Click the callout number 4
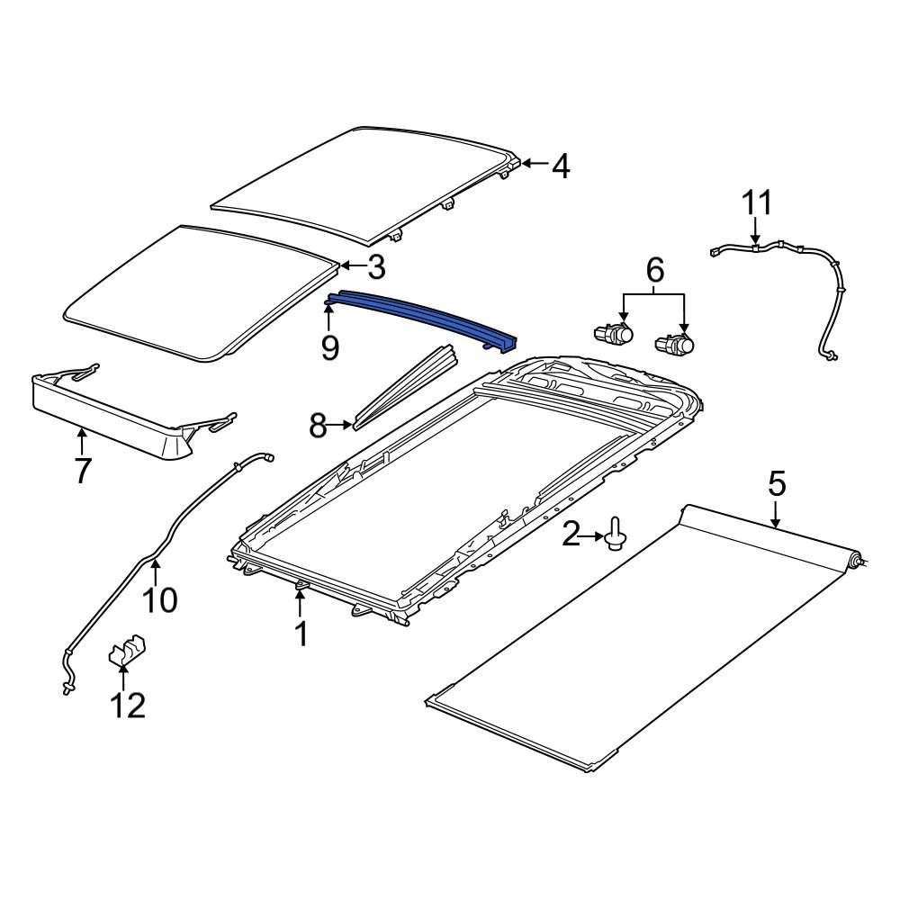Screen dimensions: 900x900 click(x=561, y=166)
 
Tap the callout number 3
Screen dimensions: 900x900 click(x=375, y=266)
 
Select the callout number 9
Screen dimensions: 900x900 click(x=330, y=347)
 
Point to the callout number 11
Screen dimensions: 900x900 click(x=757, y=203)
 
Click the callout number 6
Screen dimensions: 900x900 click(x=654, y=268)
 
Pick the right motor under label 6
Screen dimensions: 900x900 click(x=677, y=344)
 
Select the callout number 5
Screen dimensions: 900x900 click(x=777, y=484)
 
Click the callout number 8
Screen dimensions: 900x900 click(x=318, y=425)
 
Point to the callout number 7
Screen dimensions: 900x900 click(x=82, y=470)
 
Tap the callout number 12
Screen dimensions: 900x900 click(x=127, y=705)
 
